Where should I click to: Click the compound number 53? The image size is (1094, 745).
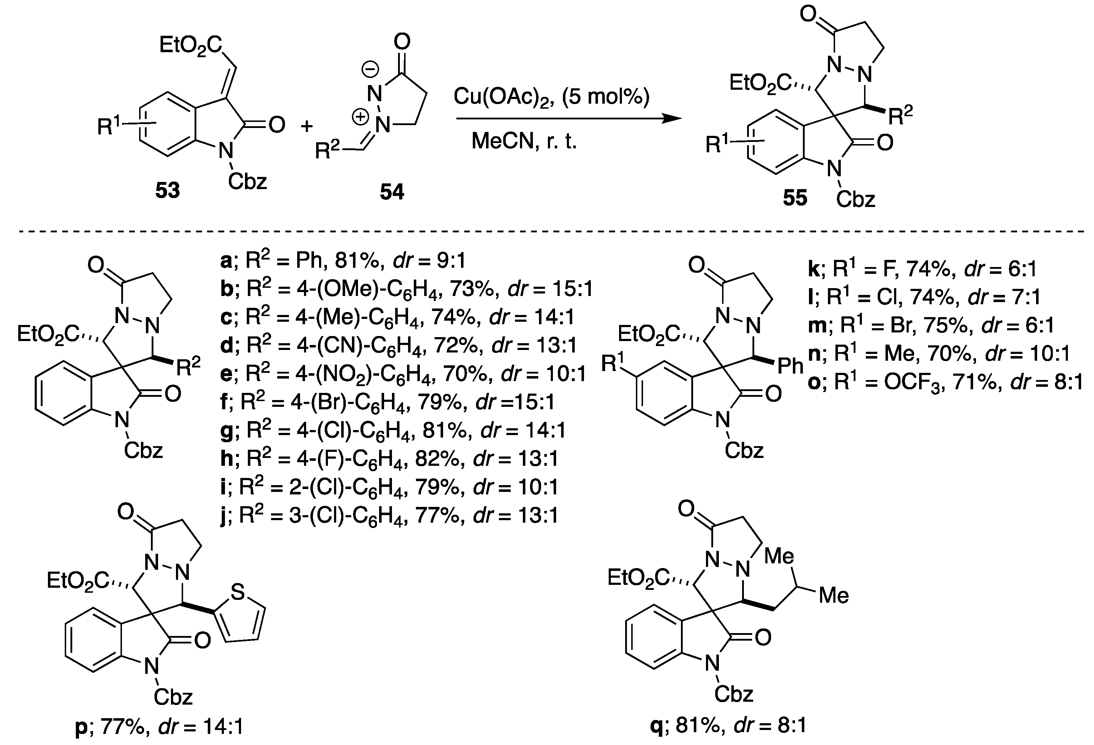click(x=168, y=191)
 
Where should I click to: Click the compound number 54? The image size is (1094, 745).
click(x=392, y=192)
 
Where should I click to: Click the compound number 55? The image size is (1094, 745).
click(x=795, y=198)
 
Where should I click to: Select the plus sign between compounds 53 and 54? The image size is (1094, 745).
click(x=307, y=126)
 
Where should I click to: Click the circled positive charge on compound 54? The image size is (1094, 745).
click(x=362, y=118)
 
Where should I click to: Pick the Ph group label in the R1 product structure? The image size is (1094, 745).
click(x=790, y=366)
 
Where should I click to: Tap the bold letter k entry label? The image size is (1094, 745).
click(x=814, y=269)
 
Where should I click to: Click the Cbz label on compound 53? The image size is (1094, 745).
click(x=247, y=181)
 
